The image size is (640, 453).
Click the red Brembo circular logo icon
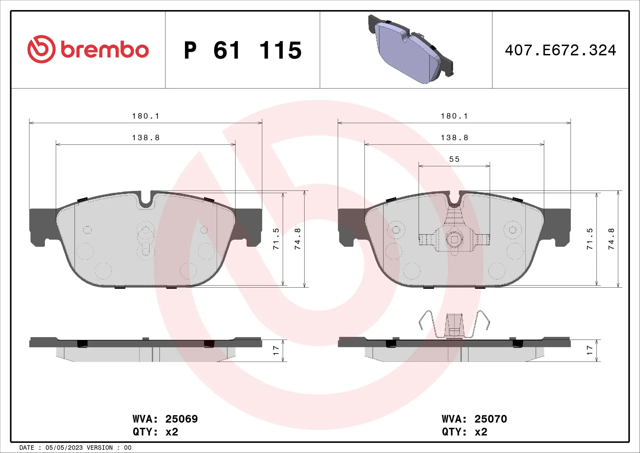41,49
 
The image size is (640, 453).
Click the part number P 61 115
242,50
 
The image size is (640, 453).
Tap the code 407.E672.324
560,50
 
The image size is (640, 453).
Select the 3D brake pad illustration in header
410,50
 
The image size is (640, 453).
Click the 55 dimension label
454,159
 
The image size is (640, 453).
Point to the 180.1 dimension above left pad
146,116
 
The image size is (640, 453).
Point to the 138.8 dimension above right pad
454,138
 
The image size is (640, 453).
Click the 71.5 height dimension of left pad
276,239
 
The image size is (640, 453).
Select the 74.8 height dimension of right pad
611,239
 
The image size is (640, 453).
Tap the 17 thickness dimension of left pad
276,351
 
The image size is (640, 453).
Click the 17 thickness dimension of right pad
590,351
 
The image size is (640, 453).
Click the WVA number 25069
181,419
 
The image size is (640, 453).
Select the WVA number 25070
491,419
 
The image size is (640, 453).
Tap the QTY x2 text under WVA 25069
155,432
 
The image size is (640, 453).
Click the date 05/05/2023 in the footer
64,448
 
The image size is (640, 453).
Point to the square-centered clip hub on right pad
454,239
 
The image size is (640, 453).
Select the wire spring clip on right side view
454,325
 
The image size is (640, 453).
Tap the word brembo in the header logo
105,50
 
